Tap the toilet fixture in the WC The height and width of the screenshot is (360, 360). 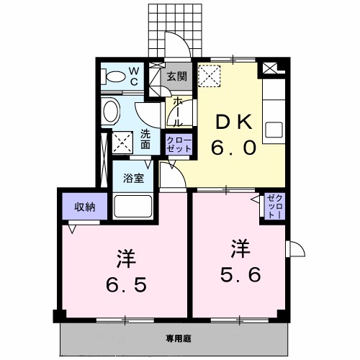coord(112,76)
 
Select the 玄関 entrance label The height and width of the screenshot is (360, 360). coord(177,76)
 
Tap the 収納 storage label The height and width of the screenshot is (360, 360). coord(85,206)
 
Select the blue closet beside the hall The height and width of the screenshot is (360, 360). coord(179,144)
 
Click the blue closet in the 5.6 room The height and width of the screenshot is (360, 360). coord(274,206)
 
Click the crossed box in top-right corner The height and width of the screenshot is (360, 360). coord(272,68)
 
